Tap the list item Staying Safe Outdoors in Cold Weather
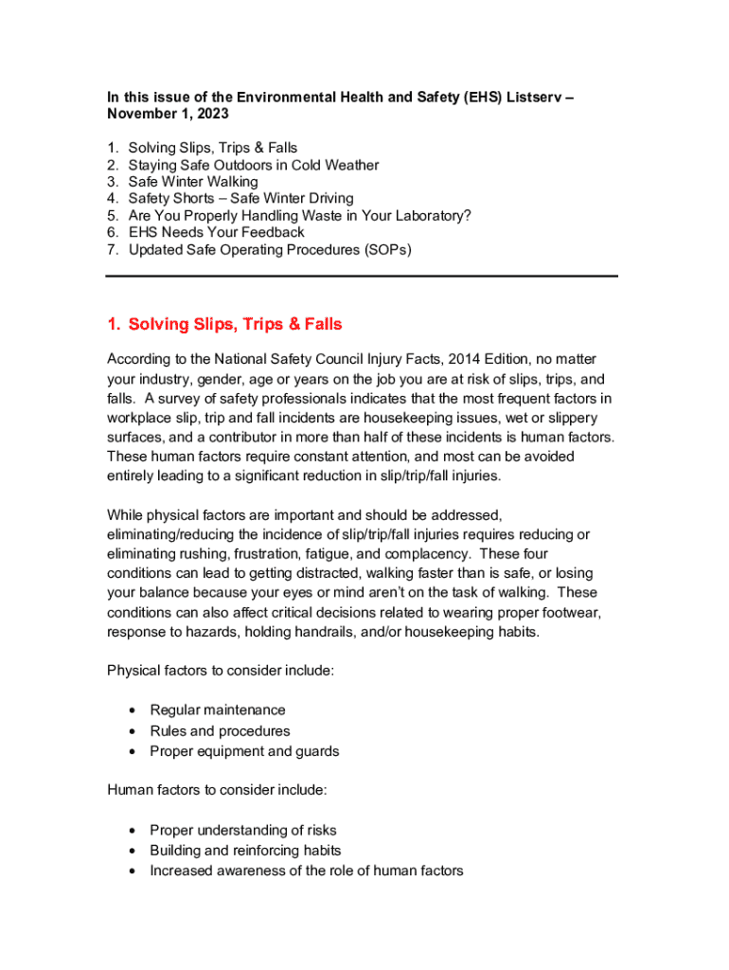pyautogui.click(x=253, y=165)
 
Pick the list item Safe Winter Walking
pyautogui.click(x=192, y=182)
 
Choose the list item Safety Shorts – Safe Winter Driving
pyautogui.click(x=240, y=199)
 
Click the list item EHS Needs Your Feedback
pyautogui.click(x=216, y=233)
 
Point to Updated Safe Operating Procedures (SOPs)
pyautogui.click(x=270, y=250)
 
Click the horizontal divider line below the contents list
pyautogui.click(x=362, y=276)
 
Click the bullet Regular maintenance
pyautogui.click(x=218, y=710)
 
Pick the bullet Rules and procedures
pyautogui.click(x=220, y=731)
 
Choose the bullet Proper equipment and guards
pyautogui.click(x=244, y=752)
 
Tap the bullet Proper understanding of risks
pyautogui.click(x=242, y=831)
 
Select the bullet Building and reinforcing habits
pyautogui.click(x=245, y=851)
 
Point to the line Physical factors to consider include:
pyautogui.click(x=220, y=671)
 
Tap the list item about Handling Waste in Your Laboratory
pyautogui.click(x=299, y=216)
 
